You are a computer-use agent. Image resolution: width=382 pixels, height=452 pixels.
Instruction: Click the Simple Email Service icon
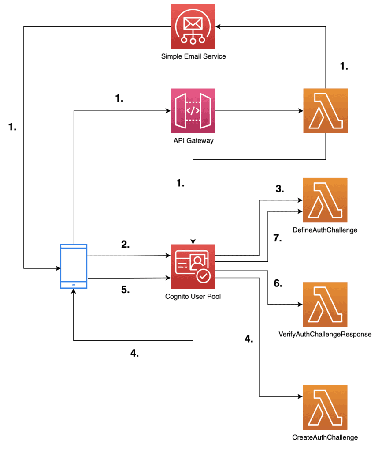(x=193, y=26)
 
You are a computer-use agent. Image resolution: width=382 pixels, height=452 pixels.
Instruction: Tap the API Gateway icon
(x=193, y=110)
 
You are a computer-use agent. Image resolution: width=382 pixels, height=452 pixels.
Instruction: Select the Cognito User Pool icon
(x=193, y=266)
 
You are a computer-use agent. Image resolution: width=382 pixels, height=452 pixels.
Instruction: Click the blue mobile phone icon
(x=74, y=266)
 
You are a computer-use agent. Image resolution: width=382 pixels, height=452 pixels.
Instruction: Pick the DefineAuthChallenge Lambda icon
(x=325, y=200)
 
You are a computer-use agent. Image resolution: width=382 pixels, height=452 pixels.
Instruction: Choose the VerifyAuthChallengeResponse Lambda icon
(x=325, y=304)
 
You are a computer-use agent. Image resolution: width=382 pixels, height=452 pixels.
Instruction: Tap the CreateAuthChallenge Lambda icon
(x=325, y=407)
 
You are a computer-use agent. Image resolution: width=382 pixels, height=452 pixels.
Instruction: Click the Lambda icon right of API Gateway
(x=326, y=110)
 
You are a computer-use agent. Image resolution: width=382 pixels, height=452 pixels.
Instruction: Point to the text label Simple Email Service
(x=193, y=56)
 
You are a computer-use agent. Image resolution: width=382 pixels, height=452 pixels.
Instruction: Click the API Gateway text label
(x=193, y=140)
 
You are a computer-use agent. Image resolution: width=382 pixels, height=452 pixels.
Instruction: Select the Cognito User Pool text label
(x=193, y=296)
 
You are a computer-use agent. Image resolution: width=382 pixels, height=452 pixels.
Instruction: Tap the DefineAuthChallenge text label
(x=325, y=230)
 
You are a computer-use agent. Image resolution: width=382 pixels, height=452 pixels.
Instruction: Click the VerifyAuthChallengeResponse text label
(x=325, y=334)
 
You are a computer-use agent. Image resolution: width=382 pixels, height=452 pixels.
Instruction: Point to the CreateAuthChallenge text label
(x=325, y=437)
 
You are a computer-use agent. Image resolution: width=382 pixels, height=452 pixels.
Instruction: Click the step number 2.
(x=126, y=244)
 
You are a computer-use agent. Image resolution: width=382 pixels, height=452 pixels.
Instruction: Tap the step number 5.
(x=126, y=290)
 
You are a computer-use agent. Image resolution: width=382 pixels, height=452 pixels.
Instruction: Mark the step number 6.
(x=278, y=283)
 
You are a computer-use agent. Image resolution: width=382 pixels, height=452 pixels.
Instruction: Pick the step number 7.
(x=278, y=238)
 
